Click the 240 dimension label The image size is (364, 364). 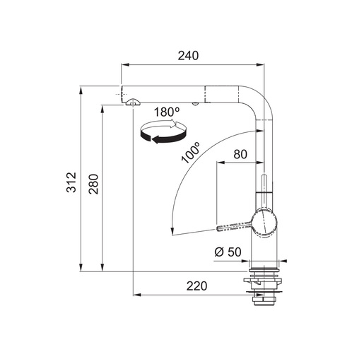click(188, 56)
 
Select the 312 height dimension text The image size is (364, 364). click(71, 182)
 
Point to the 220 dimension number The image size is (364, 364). click(196, 286)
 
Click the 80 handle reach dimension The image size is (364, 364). click(240, 154)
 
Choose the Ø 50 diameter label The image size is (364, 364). click(228, 252)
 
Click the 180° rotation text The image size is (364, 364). click(167, 112)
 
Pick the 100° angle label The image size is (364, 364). click(190, 153)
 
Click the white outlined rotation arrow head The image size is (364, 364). click(175, 124)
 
